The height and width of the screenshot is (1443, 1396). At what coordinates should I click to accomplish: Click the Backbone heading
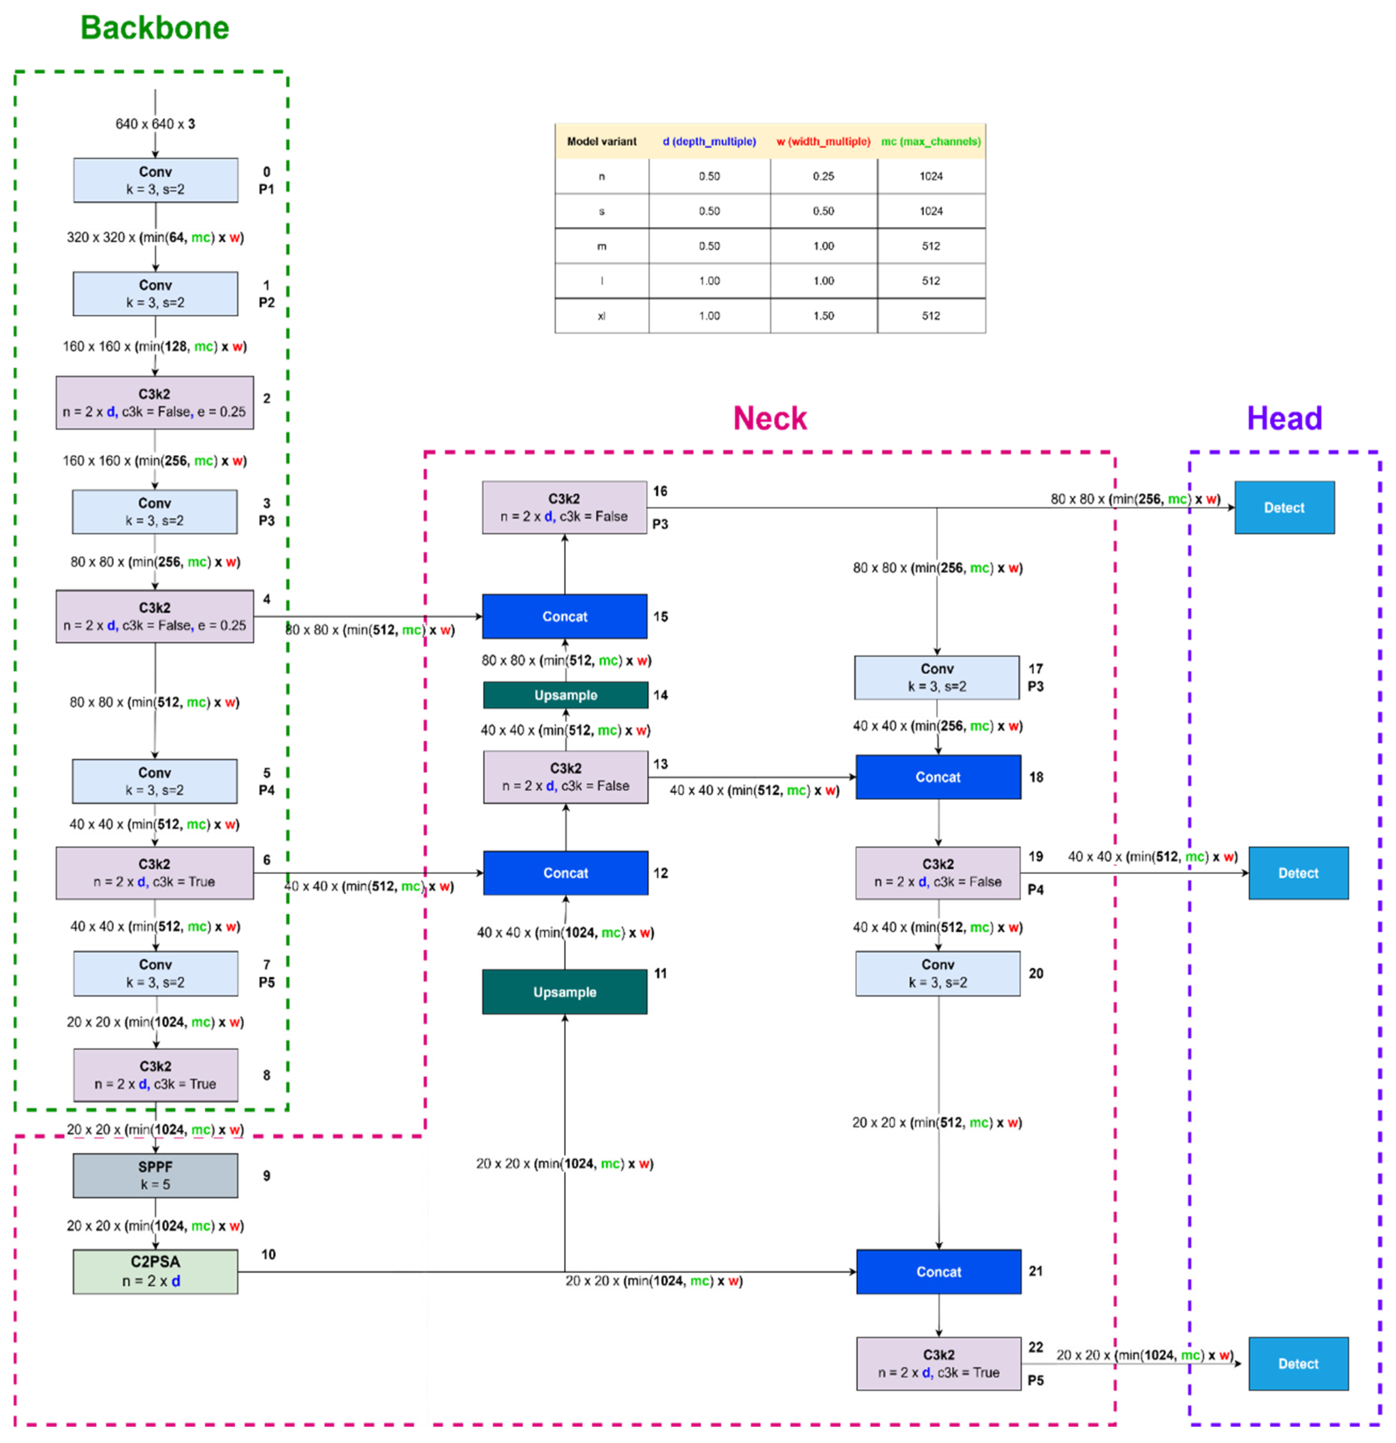tap(154, 28)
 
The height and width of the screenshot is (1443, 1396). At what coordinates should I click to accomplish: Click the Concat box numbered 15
tap(564, 616)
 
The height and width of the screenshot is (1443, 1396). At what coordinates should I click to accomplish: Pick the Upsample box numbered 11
tap(564, 992)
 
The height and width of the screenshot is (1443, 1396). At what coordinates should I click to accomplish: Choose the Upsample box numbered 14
tap(565, 695)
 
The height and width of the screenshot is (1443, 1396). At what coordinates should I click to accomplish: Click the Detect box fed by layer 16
tap(1284, 507)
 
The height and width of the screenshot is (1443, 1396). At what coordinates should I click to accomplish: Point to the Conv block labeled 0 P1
tap(155, 180)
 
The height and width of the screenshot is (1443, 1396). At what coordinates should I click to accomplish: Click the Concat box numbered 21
tap(938, 1272)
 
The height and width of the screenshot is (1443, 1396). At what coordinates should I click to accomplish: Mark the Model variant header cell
tap(601, 142)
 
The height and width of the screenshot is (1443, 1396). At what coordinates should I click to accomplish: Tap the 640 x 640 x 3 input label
tap(155, 124)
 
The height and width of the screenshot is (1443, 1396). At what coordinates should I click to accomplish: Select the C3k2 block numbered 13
tap(565, 777)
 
